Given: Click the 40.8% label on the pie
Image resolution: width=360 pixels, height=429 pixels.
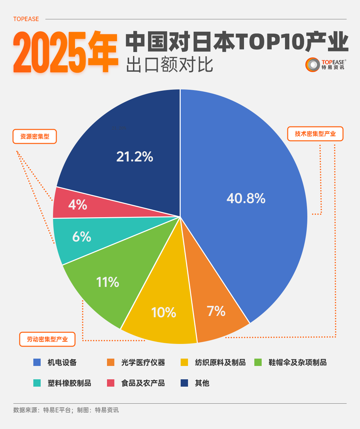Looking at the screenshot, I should [x=246, y=198].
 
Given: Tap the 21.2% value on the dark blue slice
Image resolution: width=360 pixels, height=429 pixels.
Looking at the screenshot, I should [x=135, y=156].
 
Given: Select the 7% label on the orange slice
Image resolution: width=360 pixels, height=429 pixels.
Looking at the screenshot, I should [x=216, y=311].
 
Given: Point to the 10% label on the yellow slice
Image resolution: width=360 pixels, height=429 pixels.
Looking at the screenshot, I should [x=164, y=313].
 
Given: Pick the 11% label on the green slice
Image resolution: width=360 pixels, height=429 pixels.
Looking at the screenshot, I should [x=108, y=282].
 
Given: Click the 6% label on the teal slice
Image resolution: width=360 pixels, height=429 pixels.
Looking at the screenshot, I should [x=82, y=237].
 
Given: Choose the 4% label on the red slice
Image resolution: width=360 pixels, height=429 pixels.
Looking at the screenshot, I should [x=78, y=204].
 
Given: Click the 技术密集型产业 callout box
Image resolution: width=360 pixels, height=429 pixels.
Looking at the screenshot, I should [x=315, y=134].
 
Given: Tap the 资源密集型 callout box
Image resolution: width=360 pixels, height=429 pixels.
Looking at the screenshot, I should [x=35, y=136].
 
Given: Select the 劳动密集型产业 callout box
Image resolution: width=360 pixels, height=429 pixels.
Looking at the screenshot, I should [x=47, y=339].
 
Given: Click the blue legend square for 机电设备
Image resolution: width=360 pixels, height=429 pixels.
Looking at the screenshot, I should [x=37, y=362].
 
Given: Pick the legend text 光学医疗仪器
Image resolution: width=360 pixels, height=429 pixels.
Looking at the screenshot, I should [x=143, y=362].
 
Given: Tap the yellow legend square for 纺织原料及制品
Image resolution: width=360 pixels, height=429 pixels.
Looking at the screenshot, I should [x=184, y=362].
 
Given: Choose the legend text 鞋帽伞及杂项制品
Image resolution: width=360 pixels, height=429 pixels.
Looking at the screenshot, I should [x=297, y=362].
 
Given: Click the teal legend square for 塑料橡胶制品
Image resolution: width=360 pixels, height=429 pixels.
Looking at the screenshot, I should [x=37, y=383].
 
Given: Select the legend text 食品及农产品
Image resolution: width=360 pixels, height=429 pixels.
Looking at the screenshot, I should [x=143, y=383].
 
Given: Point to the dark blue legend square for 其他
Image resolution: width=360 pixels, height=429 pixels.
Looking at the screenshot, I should [x=184, y=383].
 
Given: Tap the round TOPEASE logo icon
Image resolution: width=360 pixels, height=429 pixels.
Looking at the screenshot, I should [x=313, y=65].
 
